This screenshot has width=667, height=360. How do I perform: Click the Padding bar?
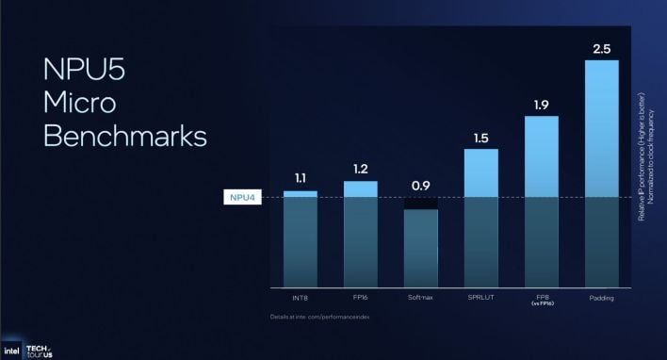coord(601,174)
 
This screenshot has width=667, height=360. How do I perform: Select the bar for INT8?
coord(301,239)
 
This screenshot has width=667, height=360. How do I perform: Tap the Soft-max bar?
coord(421,248)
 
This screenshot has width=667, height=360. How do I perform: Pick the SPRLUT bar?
coord(481,218)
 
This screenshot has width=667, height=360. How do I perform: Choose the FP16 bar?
coord(361,235)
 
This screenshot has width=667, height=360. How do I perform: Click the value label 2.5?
coord(601,47)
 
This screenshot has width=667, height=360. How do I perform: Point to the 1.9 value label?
coord(541,105)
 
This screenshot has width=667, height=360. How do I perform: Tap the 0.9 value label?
coord(421,186)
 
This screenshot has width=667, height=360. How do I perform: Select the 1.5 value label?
coord(481,138)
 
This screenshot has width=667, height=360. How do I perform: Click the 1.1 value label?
coord(301,177)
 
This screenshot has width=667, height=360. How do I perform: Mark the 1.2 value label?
coord(361,169)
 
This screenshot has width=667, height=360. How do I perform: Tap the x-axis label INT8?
coord(301,298)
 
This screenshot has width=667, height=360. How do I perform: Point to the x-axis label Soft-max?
coord(421,298)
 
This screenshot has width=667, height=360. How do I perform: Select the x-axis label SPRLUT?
coord(481,298)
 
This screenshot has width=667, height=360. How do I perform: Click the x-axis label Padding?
coord(601,298)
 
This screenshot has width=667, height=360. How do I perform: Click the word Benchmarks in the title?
coord(125,136)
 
